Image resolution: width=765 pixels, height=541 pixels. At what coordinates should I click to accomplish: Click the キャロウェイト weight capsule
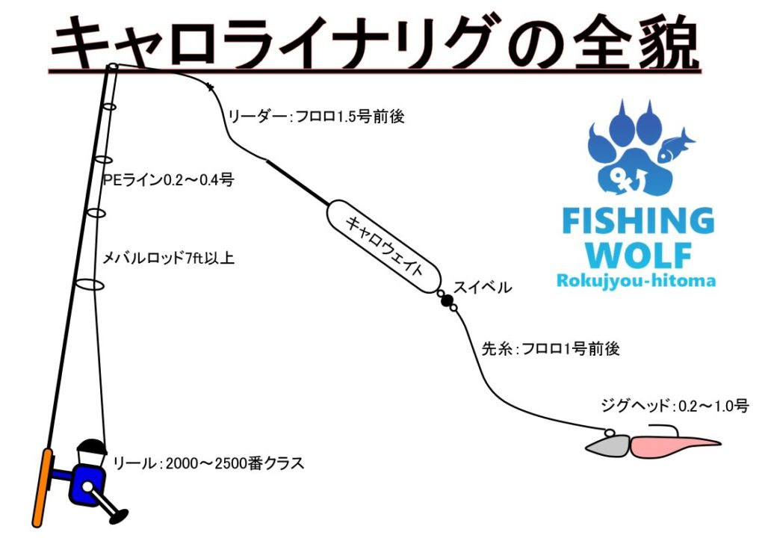point(383,247)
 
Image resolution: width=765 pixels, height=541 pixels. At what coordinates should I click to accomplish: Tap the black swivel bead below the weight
point(447,300)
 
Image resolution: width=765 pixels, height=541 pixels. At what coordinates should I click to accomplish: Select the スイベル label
point(483,288)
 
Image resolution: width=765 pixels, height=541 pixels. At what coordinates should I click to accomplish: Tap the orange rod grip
point(42,488)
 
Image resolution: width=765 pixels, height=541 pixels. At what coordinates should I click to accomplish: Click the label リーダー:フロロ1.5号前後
point(316,117)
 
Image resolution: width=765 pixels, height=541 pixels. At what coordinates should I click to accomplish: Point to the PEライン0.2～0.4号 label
point(169,180)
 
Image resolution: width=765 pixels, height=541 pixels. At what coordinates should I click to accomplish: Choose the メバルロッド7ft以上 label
point(168,258)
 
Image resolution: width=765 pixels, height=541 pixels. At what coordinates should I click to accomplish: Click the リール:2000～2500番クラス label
point(208,463)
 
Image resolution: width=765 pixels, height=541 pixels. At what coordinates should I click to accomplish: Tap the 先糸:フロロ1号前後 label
point(551,349)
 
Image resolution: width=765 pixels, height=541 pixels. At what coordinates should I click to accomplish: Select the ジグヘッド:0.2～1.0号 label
point(675,406)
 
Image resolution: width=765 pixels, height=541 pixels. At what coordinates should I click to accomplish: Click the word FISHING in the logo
point(638,220)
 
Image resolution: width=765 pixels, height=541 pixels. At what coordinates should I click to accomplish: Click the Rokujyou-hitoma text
point(636,280)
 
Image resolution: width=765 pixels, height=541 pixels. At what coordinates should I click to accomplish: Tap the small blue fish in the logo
point(675,146)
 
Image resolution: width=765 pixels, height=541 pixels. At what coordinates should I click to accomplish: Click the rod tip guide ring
point(113,67)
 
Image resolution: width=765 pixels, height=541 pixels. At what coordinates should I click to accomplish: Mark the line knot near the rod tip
point(210,87)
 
